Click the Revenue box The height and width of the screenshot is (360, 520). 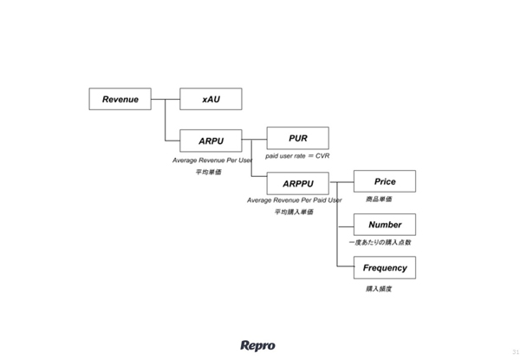tap(120, 99)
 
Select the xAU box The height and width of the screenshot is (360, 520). tap(211, 99)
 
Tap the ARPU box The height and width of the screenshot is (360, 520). tap(211, 140)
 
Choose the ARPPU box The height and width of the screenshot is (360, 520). tap(297, 183)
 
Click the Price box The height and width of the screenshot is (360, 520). tap(385, 181)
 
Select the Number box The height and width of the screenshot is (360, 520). tap(385, 225)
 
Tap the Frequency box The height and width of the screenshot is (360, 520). tap(385, 268)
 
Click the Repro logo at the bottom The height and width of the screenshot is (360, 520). tap(257, 345)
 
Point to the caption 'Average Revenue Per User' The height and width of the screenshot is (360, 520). tap(211, 160)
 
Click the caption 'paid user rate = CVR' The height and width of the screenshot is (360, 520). tap(298, 156)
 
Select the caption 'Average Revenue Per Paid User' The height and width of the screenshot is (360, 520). tap(295, 200)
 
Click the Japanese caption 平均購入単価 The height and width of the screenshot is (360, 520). tap(294, 212)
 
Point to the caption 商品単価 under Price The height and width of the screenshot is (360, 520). tap(380, 200)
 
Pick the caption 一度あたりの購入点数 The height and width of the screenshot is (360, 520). tap(380, 242)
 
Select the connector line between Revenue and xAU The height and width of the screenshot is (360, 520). tap(165, 99)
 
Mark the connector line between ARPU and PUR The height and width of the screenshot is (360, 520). tap(254, 139)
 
